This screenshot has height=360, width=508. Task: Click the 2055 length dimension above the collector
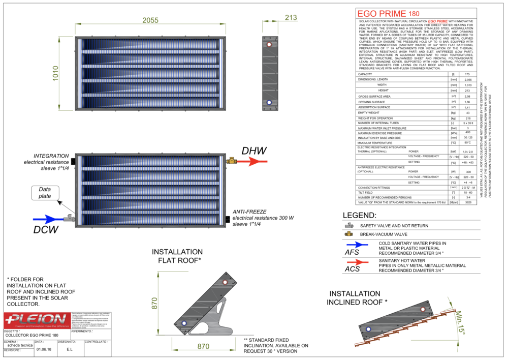[x=150, y=20]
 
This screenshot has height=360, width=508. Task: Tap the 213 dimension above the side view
[x=291, y=18]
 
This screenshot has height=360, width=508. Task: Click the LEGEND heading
[x=359, y=216]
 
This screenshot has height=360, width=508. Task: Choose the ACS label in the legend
[x=352, y=269]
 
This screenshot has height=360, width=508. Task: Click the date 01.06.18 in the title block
[x=43, y=349]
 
